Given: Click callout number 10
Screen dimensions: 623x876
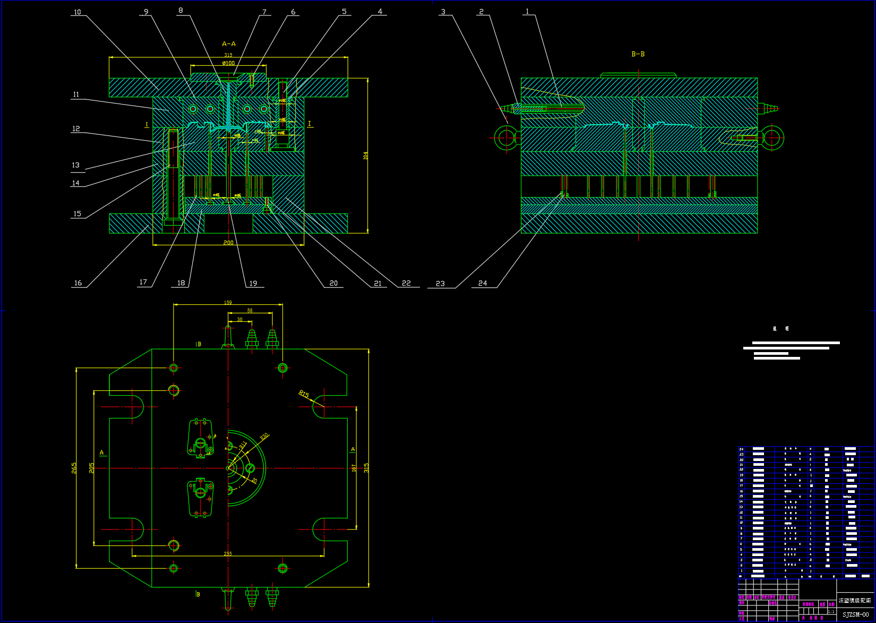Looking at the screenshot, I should [x=78, y=12].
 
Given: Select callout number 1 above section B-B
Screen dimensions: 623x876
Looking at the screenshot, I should [x=527, y=11].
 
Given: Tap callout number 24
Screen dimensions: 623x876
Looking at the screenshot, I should [x=483, y=283].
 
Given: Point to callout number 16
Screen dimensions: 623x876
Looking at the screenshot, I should [x=78, y=283].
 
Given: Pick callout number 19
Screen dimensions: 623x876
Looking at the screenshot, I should [x=253, y=284].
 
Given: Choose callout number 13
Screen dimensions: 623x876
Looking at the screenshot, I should [x=75, y=165].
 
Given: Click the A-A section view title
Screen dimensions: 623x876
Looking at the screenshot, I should [x=229, y=44].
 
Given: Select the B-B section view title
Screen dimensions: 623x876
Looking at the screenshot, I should [x=638, y=54].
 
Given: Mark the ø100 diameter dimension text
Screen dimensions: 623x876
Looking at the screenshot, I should [x=228, y=63].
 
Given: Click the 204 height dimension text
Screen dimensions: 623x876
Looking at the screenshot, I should [x=365, y=156].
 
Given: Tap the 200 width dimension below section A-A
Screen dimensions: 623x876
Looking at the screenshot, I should [x=228, y=243].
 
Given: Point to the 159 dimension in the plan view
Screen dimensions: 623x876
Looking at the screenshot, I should [x=228, y=303].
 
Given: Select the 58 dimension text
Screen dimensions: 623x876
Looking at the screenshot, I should [x=250, y=311].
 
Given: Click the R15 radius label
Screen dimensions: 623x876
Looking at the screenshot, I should [x=304, y=394].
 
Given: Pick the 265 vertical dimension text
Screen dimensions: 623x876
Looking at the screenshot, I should [x=74, y=468].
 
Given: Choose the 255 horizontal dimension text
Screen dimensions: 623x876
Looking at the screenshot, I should [x=228, y=553].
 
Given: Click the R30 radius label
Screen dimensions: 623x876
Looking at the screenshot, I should [x=264, y=437].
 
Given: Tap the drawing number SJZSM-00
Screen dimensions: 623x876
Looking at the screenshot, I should [x=856, y=615].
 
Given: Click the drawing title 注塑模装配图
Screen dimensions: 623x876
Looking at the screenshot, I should [x=855, y=600].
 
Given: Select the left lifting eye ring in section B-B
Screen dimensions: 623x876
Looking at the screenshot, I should [x=506, y=138].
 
